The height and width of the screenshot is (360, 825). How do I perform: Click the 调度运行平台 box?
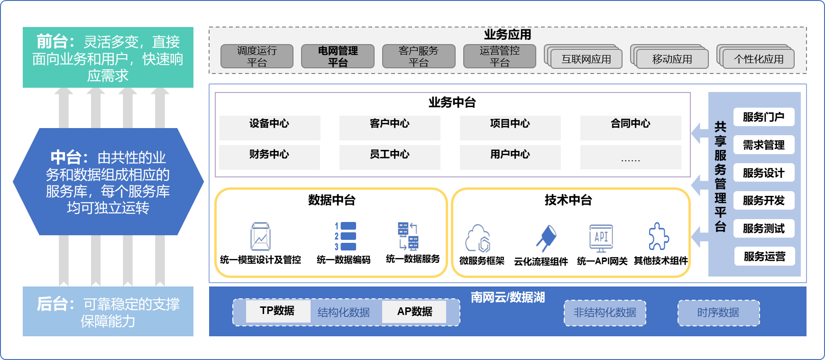257,56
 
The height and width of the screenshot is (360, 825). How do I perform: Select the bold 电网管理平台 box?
338,56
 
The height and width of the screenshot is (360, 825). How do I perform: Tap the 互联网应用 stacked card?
586,59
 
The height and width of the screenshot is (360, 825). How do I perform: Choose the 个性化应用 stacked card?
758,59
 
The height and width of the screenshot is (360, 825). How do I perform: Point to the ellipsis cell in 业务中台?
630,157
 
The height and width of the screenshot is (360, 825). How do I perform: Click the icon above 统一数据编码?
346,236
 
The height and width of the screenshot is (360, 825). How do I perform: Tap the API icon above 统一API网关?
601,238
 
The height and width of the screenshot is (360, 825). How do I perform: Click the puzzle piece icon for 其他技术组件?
659,236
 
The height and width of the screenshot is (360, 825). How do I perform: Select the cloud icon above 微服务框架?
478,238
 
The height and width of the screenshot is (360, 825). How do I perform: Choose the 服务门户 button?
763,117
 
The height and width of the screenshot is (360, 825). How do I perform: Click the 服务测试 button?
763,229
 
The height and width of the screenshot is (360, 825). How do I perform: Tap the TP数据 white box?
278,311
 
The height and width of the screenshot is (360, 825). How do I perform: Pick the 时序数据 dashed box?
718,313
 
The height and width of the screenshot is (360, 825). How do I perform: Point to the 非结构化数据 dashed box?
605,313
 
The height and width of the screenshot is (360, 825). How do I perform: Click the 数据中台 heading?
331,200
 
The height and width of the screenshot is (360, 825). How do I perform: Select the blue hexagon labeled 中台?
108,182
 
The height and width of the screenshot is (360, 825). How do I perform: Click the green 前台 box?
108,57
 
